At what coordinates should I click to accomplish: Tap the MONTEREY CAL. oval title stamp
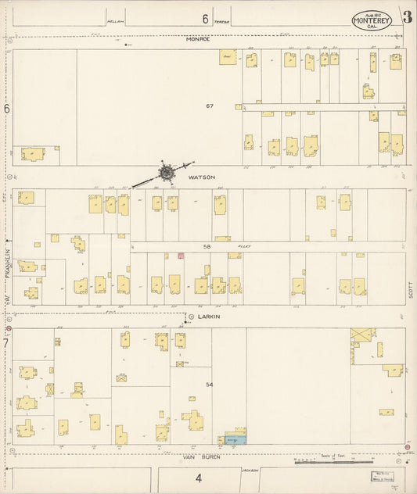pos(372,21)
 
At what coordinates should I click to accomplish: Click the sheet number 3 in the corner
pos(407,16)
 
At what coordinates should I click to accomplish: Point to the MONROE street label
pos(198,39)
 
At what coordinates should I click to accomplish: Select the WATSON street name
pos(201,177)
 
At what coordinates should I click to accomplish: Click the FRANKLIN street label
pos(9,258)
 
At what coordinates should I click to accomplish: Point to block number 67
pos(210,106)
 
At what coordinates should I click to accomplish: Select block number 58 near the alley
pos(207,246)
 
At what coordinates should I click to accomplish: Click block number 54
pos(209,385)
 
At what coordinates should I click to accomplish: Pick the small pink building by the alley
pos(181,255)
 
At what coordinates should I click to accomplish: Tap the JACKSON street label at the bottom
pos(250,470)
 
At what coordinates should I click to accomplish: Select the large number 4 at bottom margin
pos(199,478)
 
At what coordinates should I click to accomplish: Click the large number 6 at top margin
pos(205,19)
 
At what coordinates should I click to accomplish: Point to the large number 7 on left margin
pos(6,342)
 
